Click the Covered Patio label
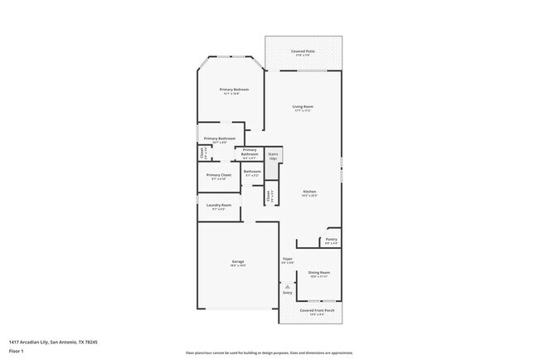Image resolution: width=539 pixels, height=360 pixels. [303, 52]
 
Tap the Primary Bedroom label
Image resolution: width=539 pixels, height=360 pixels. [234, 90]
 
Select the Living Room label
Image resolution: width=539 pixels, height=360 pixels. [303, 108]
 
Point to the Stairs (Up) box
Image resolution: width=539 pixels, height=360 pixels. [273, 155]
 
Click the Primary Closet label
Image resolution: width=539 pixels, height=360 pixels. [219, 177]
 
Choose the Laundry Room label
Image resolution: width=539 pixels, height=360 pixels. [219, 206]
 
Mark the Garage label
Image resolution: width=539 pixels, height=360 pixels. [237, 263]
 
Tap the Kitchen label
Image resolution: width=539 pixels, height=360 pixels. [308, 192]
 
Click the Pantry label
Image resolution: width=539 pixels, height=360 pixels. [331, 241]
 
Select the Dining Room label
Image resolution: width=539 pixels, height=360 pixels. [319, 274]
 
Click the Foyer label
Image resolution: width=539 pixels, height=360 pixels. [287, 260]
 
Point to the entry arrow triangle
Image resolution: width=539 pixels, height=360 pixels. [287, 286]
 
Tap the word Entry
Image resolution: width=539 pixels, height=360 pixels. [287, 293]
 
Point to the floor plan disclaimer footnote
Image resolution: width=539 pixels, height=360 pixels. [269, 353]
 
